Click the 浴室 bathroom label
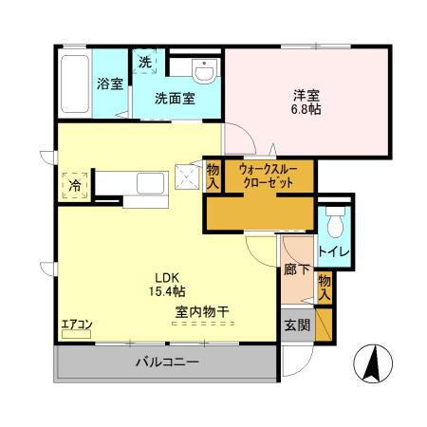tap(109, 84)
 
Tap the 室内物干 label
tap(198, 310)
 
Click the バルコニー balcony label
tap(166, 362)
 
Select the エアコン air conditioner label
tap(76, 325)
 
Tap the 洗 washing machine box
tap(145, 62)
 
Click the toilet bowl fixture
tap(334, 222)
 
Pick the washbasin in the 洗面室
tap(204, 69)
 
